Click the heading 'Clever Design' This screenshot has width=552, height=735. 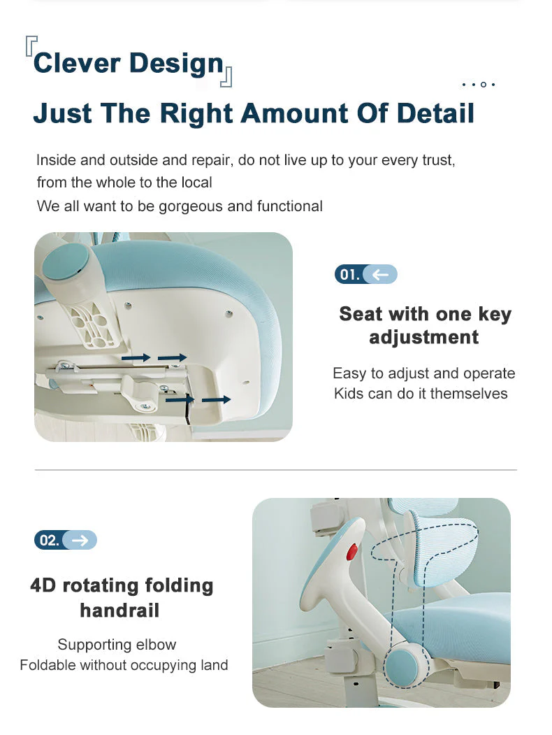point(128,63)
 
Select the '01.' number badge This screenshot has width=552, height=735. point(349,274)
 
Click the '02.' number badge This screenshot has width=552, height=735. point(49,540)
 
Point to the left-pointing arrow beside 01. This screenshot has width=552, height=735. point(381,274)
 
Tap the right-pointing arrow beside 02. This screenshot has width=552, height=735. point(80,540)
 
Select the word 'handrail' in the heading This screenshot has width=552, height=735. point(119,611)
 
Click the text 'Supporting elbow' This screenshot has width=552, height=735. point(117,644)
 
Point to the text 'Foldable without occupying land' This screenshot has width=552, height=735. point(124,665)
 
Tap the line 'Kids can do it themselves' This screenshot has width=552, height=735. point(421,394)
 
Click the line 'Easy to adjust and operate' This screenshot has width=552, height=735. point(423,373)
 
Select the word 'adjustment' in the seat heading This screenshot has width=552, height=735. point(423,337)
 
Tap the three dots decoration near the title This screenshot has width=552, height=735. point(479,85)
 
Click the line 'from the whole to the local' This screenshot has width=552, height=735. point(124,183)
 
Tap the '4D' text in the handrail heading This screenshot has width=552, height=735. point(43,585)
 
